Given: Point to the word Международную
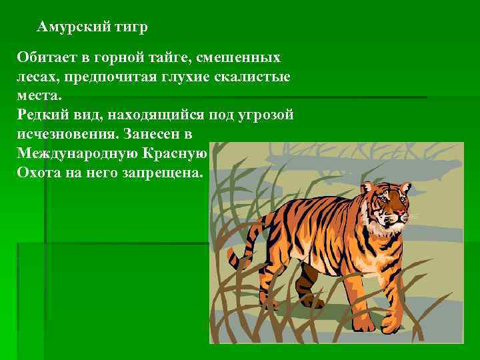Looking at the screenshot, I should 77,153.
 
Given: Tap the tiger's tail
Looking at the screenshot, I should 235,257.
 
